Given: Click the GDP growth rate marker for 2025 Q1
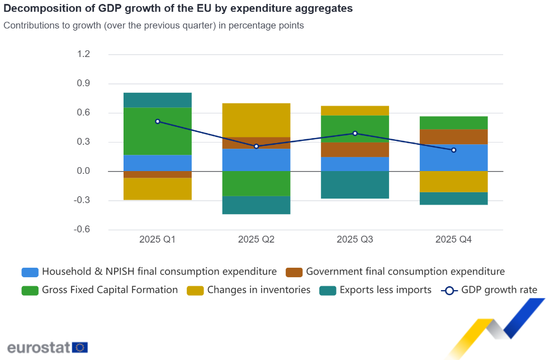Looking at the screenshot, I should [x=158, y=121].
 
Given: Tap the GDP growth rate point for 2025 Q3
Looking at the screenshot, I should [x=355, y=134].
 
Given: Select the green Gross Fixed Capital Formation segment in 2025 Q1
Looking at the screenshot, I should [x=158, y=131].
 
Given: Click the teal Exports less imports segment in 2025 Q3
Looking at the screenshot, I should [x=355, y=184].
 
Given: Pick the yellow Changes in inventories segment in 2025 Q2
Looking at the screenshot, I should [x=256, y=120].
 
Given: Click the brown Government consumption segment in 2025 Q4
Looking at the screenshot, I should [x=453, y=137].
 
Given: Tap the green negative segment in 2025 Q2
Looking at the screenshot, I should [x=256, y=183].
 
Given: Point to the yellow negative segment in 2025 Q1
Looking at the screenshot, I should [x=158, y=189].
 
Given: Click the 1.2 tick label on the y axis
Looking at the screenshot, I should [x=83, y=54].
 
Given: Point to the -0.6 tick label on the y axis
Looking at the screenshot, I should [x=82, y=230].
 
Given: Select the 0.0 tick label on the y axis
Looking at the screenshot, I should [x=83, y=171].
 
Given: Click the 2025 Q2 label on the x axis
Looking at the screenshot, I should [x=256, y=240].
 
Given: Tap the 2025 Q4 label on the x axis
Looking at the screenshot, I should [x=453, y=240].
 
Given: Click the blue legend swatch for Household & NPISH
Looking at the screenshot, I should [x=30, y=272].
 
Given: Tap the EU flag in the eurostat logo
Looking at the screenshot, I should [x=80, y=347].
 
